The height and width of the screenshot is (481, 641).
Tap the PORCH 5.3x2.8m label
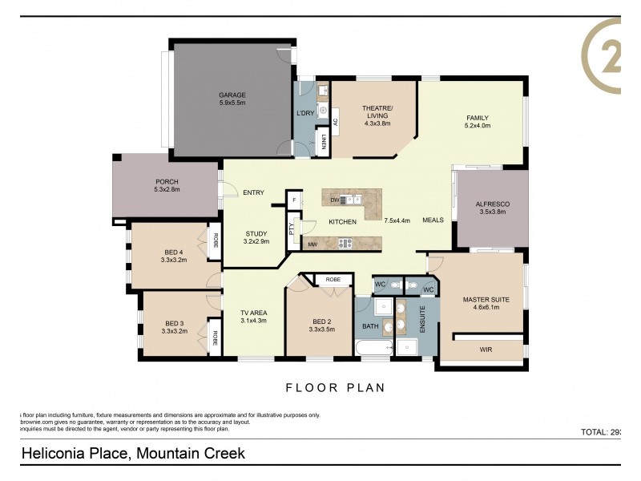click(x=166, y=186)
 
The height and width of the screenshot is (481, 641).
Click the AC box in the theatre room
click(x=336, y=122)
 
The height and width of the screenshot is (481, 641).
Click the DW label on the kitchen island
click(x=333, y=200)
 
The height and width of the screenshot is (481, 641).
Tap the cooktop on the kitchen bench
click(x=347, y=243)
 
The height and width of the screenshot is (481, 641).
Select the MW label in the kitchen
click(x=312, y=244)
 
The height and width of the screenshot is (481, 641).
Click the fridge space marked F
click(x=296, y=199)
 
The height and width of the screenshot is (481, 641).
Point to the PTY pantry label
click(x=292, y=227)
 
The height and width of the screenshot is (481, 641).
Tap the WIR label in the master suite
click(x=486, y=350)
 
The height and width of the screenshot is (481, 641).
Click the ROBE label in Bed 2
click(x=333, y=280)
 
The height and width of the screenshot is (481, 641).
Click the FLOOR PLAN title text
click(x=335, y=388)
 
